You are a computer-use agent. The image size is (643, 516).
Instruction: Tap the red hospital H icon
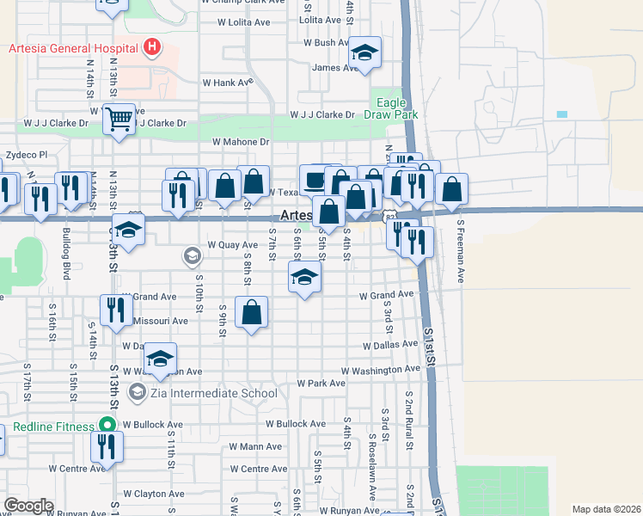[x=152, y=46]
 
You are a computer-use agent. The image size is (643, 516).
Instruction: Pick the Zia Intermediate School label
[x=212, y=393]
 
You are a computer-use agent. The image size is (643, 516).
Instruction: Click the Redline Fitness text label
[x=52, y=427]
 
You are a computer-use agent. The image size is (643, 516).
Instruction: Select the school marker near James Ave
[x=364, y=53]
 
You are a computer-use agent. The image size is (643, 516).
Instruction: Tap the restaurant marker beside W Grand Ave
[x=115, y=308]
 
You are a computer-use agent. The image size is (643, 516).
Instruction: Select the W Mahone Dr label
[x=241, y=141]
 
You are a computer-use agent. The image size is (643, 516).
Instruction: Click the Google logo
[x=28, y=505]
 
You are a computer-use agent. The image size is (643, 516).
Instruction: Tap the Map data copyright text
[x=606, y=509]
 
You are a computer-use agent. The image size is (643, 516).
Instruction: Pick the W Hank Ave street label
[x=227, y=83]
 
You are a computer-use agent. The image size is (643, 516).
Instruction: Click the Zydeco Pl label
[x=27, y=155]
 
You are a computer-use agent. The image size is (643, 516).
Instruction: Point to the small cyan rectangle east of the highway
[x=562, y=114]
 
